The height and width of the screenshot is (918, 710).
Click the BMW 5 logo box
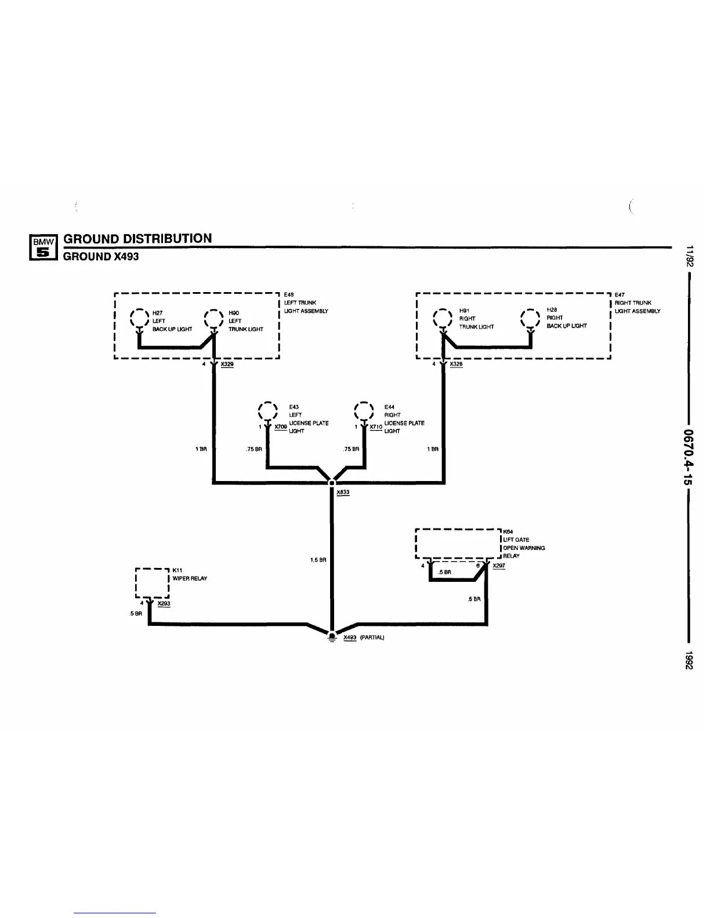pos(44,247)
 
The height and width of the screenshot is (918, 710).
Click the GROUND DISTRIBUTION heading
pos(137,238)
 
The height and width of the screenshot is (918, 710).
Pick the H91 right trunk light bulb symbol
pos(443,318)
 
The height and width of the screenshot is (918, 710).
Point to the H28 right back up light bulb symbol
pos(530,318)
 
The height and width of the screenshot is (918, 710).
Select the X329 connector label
pos(227,365)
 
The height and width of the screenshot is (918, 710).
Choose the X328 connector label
pos(456,365)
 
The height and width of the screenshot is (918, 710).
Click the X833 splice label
pos(343,493)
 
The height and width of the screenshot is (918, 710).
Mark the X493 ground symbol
pos(332,637)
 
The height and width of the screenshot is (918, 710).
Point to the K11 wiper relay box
pos(151,583)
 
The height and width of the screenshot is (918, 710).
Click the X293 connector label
pos(164,604)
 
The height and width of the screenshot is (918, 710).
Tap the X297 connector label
pos(498,566)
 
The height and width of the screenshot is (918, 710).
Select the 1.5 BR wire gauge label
pos(318,560)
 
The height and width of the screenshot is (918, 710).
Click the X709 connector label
pos(281,427)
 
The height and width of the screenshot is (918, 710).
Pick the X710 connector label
pos(376,427)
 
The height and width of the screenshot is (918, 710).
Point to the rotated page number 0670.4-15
pos(689,457)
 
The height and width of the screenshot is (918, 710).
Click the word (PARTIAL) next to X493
pos(372,637)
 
